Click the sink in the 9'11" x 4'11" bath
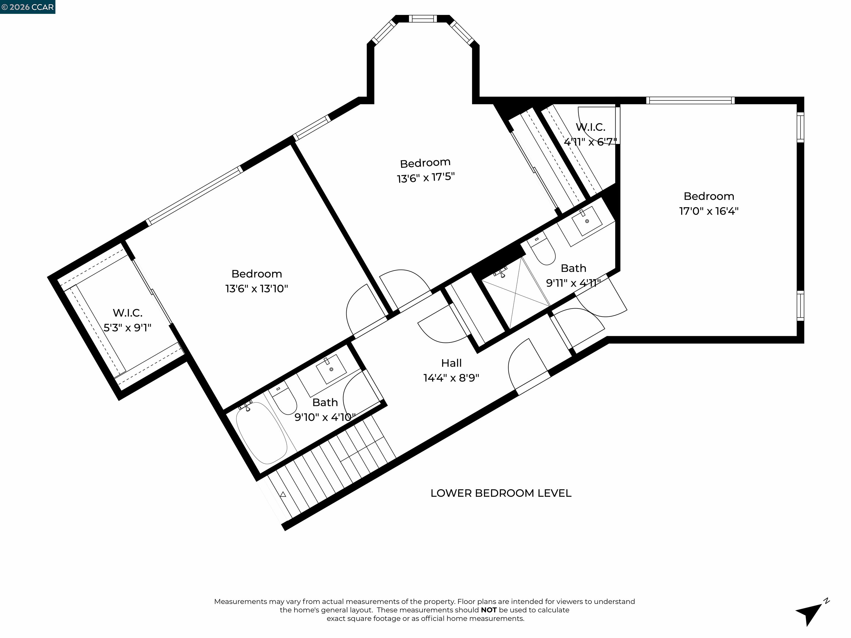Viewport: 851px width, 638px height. [587, 221]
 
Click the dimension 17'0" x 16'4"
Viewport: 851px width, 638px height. [709, 211]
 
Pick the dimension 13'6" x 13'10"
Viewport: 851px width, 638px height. [257, 289]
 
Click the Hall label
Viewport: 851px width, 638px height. [451, 363]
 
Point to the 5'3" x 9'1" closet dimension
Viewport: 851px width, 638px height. [127, 328]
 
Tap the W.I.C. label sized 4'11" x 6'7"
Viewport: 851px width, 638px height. [590, 127]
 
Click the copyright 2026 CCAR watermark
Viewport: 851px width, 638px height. [28, 7]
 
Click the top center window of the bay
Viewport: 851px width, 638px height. [422, 19]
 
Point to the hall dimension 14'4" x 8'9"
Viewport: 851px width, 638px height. [451, 378]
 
